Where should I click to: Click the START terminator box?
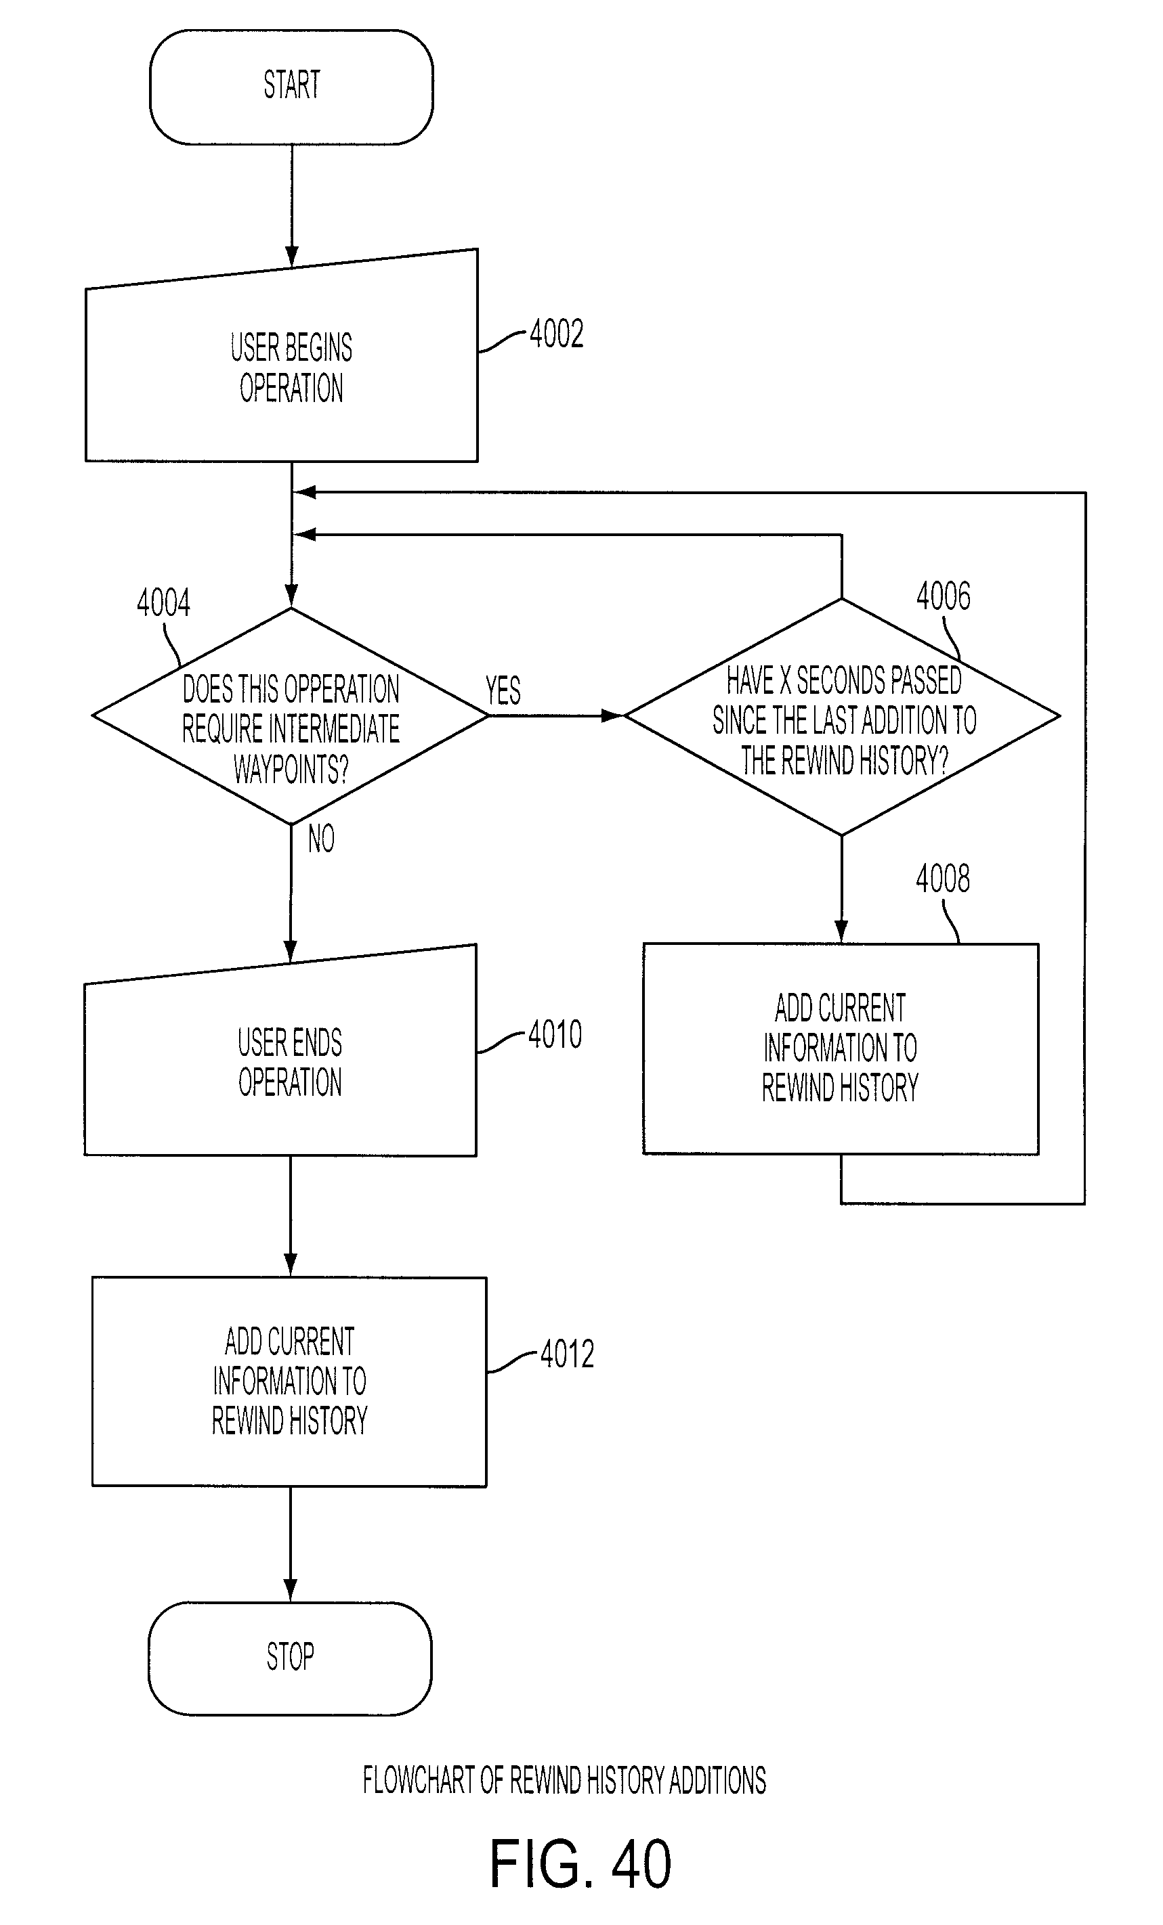pyautogui.click(x=291, y=87)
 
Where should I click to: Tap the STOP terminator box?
pyautogui.click(x=290, y=1657)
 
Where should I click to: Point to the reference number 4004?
pyautogui.click(x=163, y=603)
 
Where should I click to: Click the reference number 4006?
pyautogui.click(x=944, y=596)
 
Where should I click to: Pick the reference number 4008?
pyautogui.click(x=943, y=879)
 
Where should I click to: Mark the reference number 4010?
pyautogui.click(x=555, y=1035)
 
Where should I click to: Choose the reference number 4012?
pyautogui.click(x=567, y=1354)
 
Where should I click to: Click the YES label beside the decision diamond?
pyautogui.click(x=503, y=690)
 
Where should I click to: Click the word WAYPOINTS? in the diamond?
pyautogui.click(x=291, y=770)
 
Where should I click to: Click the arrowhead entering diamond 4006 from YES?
pyautogui.click(x=613, y=715)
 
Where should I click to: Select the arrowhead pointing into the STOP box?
pyautogui.click(x=290, y=1590)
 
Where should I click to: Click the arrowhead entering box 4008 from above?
pyautogui.click(x=841, y=931)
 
